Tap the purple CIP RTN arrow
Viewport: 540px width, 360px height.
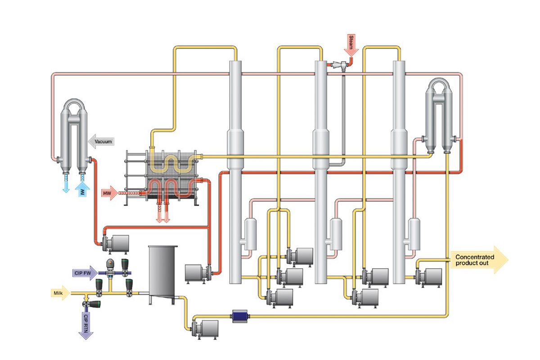point(85,324)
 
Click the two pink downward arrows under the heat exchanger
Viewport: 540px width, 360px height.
point(162,215)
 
